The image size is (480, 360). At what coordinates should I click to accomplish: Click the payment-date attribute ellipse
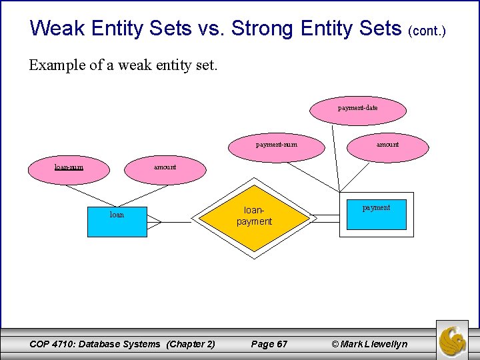pyautogui.click(x=358, y=108)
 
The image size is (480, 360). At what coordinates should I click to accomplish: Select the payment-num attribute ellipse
pyautogui.click(x=277, y=144)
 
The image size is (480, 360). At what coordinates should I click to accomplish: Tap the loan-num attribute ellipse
pyautogui.click(x=69, y=167)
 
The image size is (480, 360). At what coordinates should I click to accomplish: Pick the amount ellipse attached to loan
pyautogui.click(x=165, y=167)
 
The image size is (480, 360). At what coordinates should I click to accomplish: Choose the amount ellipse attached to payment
pyautogui.click(x=387, y=144)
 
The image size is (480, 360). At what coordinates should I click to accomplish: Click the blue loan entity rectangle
pyautogui.click(x=117, y=221)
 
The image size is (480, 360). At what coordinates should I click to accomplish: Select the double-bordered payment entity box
pyautogui.click(x=377, y=215)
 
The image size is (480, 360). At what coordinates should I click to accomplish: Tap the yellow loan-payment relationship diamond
pyautogui.click(x=254, y=217)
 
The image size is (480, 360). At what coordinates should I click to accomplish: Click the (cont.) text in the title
pyautogui.click(x=427, y=31)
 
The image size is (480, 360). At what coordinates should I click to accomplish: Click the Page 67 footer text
pyautogui.click(x=269, y=344)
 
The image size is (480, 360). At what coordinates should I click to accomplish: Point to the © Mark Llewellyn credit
pyautogui.click(x=369, y=344)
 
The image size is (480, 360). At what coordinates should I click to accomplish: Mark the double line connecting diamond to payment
pyautogui.click(x=325, y=217)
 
